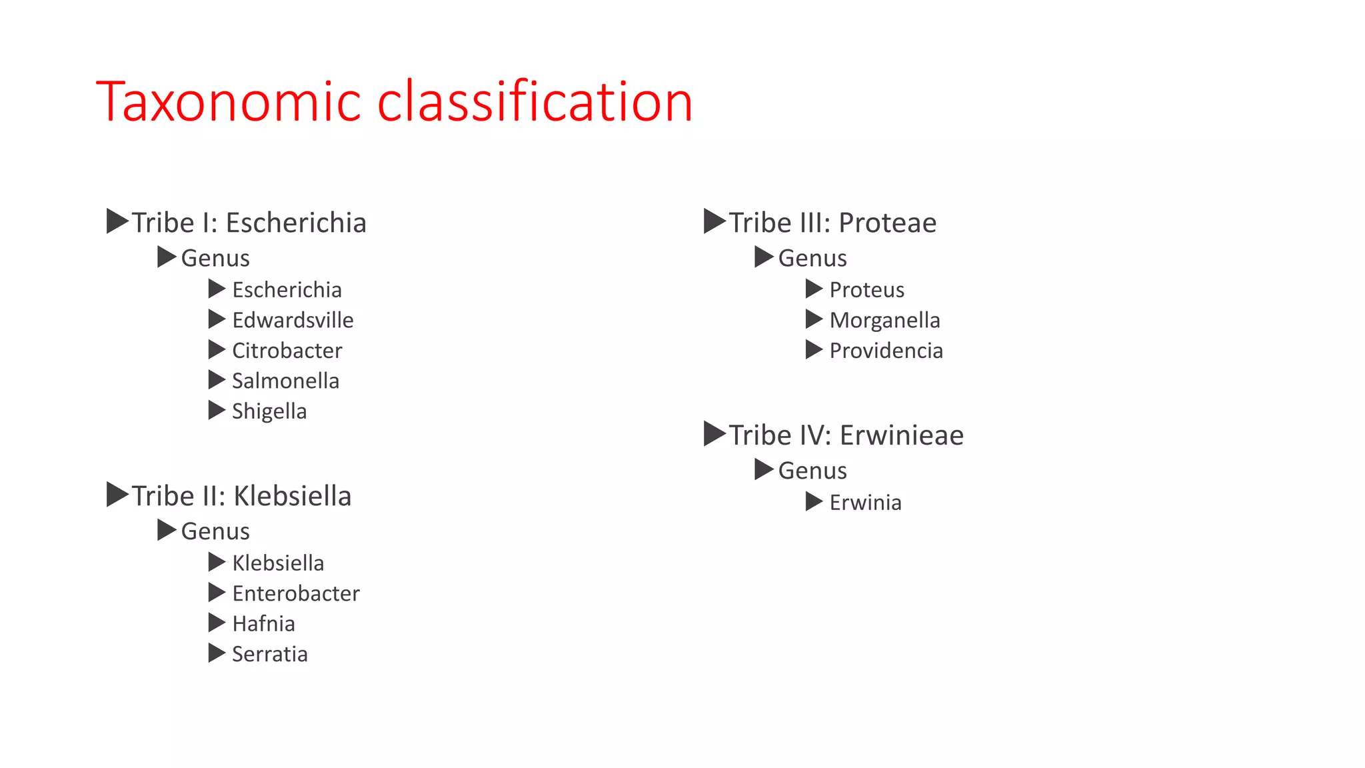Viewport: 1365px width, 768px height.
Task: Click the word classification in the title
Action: click(535, 102)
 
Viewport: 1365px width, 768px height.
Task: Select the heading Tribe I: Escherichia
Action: click(249, 223)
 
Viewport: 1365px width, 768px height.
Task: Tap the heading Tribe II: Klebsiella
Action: click(241, 496)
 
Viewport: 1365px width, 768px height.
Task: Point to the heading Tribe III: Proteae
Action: click(832, 223)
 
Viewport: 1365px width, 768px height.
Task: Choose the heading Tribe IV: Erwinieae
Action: click(846, 435)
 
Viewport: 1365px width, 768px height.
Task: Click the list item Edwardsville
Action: click(293, 320)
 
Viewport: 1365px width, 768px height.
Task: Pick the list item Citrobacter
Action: click(287, 351)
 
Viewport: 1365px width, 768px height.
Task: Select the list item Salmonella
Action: click(285, 381)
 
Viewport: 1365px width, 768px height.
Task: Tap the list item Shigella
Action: click(269, 411)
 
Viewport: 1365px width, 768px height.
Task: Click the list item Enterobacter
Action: click(295, 593)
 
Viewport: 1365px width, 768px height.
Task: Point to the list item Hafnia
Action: click(263, 624)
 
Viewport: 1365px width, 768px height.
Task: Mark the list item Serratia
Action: click(269, 654)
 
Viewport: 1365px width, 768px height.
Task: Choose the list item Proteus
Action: click(866, 290)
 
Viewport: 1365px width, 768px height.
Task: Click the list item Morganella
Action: click(884, 320)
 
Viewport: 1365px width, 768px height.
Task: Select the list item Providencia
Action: click(886, 351)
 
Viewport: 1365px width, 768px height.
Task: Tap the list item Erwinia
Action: click(865, 503)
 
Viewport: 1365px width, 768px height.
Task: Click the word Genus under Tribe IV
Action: click(812, 471)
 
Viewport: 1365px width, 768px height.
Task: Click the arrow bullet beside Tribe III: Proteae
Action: click(714, 221)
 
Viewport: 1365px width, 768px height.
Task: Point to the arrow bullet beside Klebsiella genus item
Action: click(217, 562)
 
